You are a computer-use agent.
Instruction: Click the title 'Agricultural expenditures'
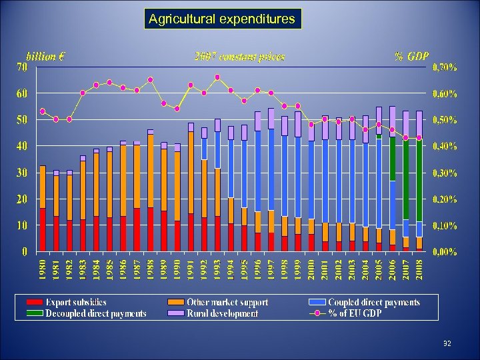coord(223,19)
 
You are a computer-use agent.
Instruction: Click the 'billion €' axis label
coord(45,56)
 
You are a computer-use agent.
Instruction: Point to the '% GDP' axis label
coord(411,56)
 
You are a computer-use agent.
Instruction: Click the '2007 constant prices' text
coord(239,57)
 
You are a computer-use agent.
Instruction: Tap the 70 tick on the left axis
coord(22,67)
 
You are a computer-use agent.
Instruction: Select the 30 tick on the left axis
coord(22,173)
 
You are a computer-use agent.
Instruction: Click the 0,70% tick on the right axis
coord(445,67)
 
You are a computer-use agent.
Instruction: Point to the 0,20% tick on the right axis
coord(445,199)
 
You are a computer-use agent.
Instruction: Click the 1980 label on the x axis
coord(43,269)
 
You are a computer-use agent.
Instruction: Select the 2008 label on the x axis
coord(419,269)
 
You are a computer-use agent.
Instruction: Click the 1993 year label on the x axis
coord(217,269)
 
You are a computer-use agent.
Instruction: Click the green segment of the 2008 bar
coord(419,180)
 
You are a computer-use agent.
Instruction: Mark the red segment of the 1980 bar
coord(43,230)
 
